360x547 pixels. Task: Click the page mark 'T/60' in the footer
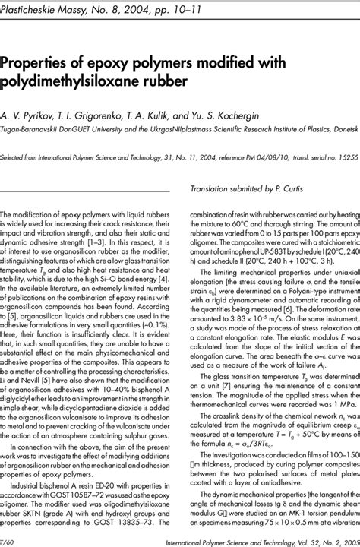point(10,539)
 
